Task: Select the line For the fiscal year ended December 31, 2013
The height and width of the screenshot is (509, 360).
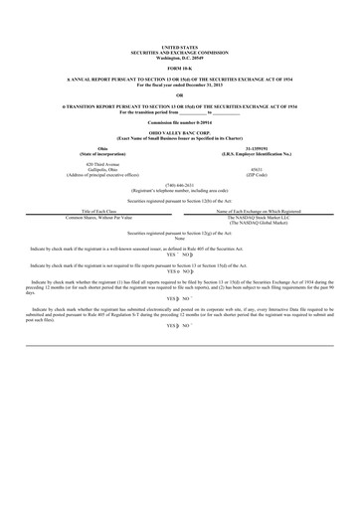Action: [179, 83]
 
